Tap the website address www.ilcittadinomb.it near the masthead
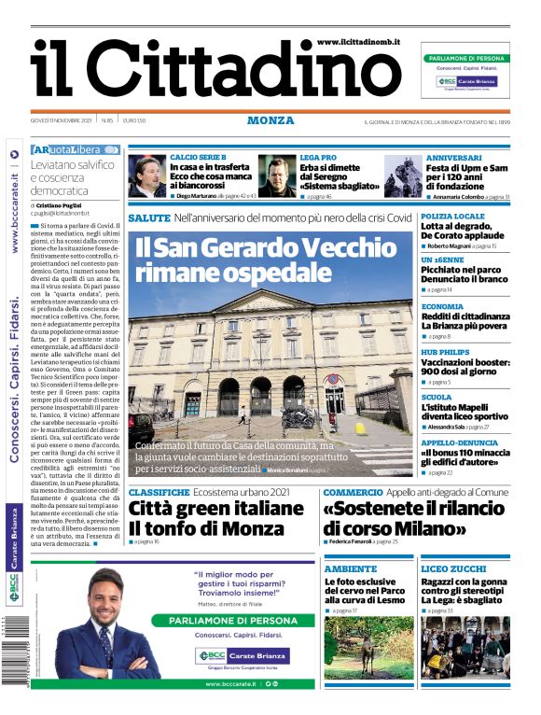(357, 43)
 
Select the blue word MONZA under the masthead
(270, 120)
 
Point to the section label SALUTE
(149, 217)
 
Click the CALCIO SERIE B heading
(198, 157)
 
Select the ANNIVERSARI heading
(454, 158)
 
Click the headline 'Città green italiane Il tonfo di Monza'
(216, 519)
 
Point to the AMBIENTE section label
(351, 568)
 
